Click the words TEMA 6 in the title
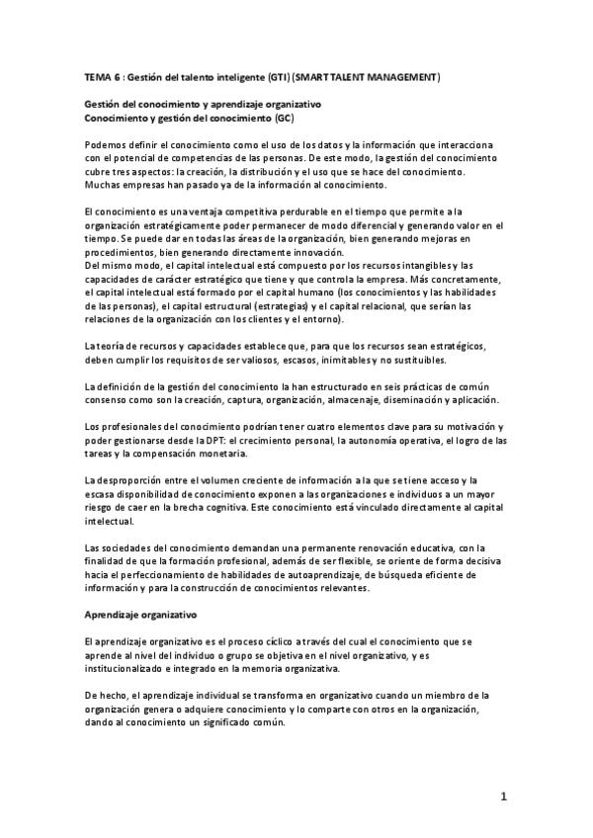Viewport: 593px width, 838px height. pos(101,76)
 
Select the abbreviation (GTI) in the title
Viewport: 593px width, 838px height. pos(281,76)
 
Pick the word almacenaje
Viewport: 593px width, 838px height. pos(361,399)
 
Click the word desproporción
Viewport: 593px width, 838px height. pos(137,480)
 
